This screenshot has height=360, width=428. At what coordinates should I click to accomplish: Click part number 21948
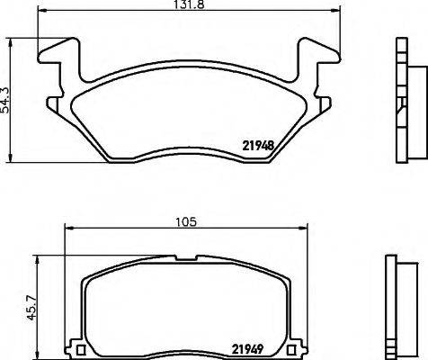pos(259,143)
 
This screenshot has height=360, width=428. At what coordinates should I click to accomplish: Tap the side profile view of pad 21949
pos(396,307)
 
